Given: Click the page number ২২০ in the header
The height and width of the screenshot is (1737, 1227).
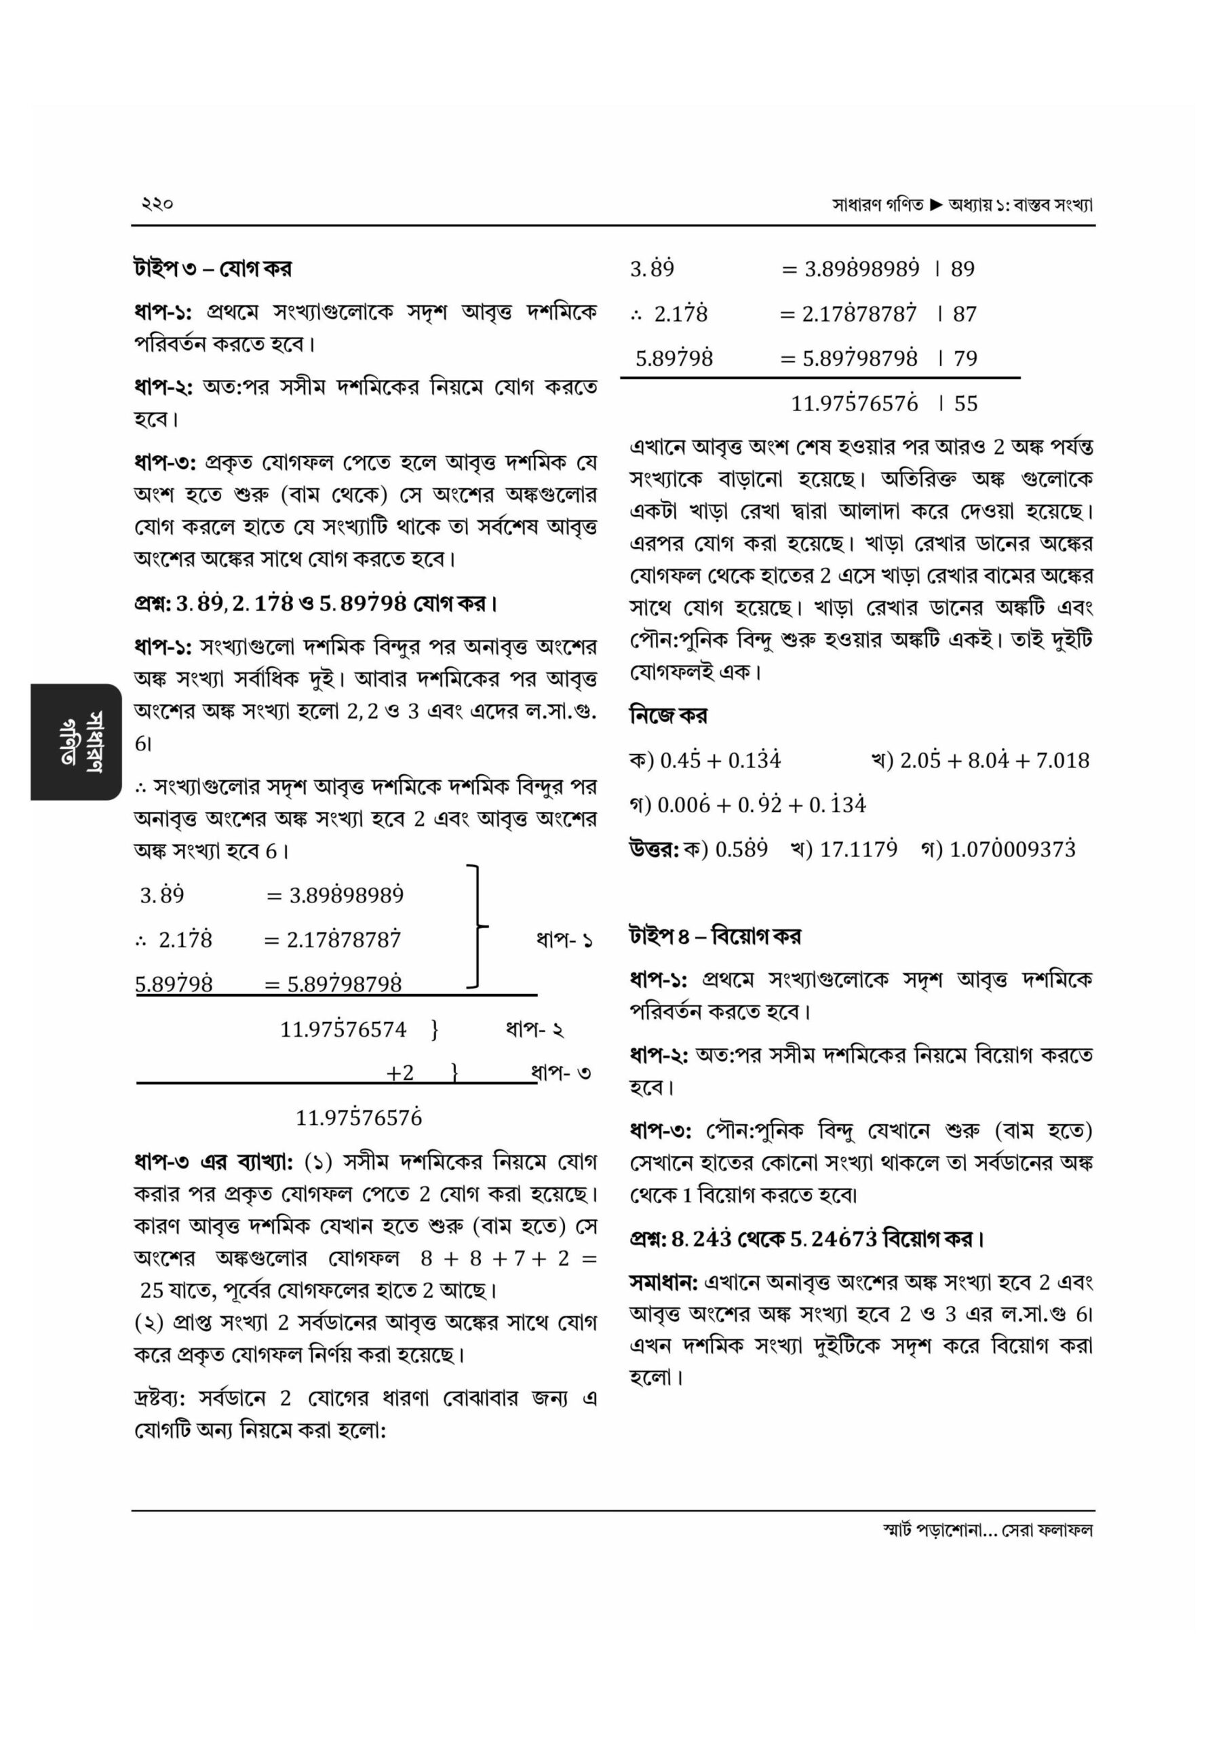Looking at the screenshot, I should (157, 204).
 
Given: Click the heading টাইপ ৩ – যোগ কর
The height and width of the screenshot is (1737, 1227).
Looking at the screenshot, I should (212, 269).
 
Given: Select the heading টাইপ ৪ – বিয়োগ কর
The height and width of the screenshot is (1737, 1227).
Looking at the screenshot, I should (715, 936).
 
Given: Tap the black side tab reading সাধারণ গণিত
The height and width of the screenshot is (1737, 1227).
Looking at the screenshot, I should (76, 742).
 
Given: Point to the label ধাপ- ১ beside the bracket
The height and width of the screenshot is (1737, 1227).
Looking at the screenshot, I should (564, 940).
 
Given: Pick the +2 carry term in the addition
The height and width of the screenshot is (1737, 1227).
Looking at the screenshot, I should (400, 1073).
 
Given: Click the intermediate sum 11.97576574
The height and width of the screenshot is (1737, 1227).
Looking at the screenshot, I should (343, 1029).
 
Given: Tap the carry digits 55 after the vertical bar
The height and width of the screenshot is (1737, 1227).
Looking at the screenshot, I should (965, 403).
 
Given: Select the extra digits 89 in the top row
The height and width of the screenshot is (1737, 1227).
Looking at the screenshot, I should (962, 269).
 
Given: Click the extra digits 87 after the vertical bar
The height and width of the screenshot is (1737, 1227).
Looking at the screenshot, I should (965, 314).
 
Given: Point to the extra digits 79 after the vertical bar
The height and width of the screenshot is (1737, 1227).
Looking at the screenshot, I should (965, 359).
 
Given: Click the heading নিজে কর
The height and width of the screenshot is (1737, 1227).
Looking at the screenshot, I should (669, 715).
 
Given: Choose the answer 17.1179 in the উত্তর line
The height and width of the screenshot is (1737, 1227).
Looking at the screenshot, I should (859, 850).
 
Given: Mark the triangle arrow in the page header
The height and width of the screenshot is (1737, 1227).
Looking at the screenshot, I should (936, 204).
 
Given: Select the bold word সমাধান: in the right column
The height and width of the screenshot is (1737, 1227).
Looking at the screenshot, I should (663, 1282).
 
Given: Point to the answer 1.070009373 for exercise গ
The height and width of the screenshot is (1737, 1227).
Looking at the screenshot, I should (1012, 850).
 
